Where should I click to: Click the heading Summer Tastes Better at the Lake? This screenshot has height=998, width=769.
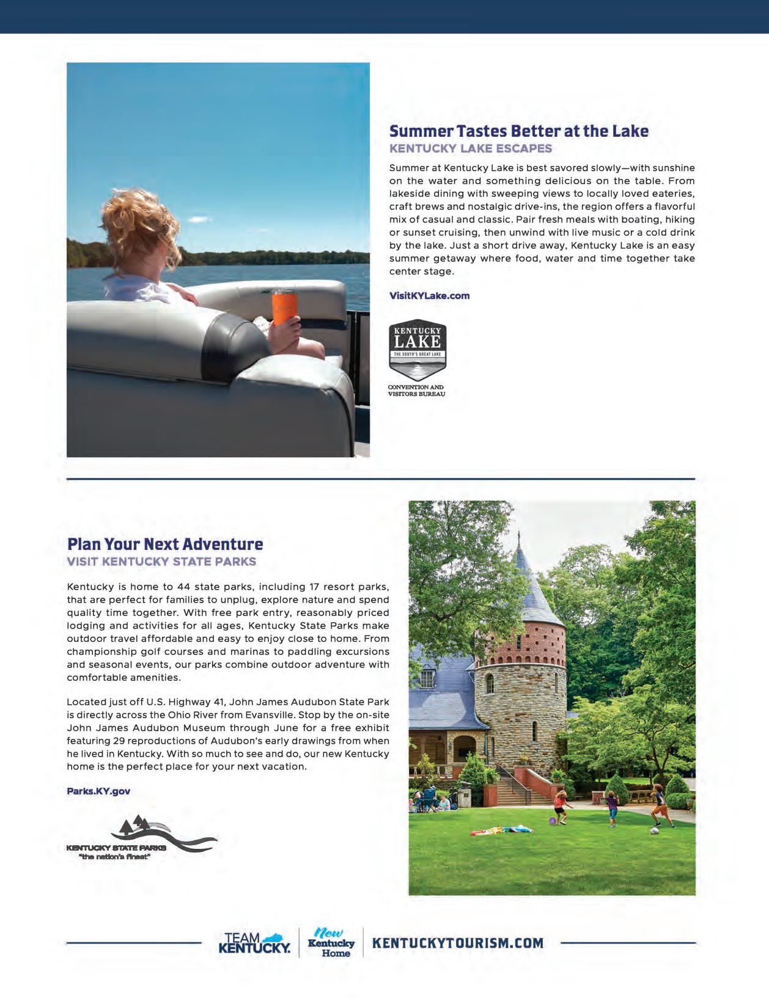[518, 131]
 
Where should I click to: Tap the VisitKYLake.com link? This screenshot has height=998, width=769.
[429, 296]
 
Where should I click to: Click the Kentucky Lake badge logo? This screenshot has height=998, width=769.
[418, 350]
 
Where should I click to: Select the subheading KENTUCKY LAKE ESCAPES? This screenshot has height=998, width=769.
[470, 149]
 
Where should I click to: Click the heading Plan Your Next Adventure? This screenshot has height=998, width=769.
[165, 544]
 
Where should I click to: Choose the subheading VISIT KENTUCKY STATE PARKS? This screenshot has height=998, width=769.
[161, 562]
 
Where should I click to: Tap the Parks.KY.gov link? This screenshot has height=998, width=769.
[98, 791]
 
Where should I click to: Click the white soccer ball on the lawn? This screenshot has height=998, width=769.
[655, 831]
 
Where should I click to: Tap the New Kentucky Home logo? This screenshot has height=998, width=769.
[331, 943]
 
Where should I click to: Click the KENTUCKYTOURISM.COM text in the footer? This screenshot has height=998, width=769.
[458, 943]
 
